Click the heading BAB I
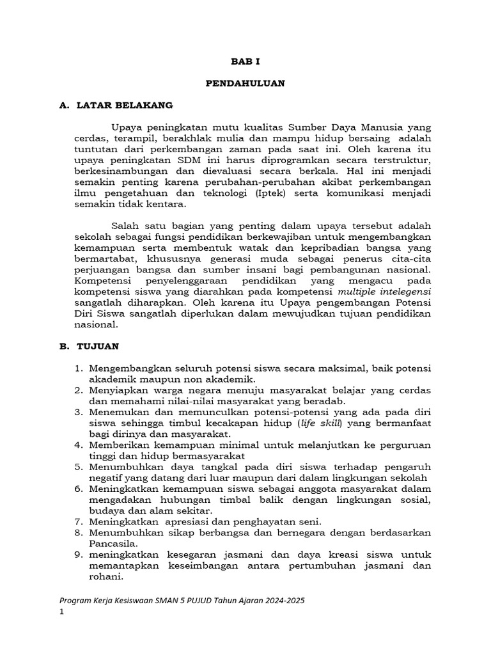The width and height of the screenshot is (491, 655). click(245, 61)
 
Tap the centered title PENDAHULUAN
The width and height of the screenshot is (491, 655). click(245, 83)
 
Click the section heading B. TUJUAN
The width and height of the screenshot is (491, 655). click(89, 346)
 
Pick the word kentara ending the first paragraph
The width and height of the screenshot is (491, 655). click(165, 204)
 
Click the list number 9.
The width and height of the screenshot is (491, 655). click(80, 555)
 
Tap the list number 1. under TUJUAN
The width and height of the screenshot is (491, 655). click(80, 368)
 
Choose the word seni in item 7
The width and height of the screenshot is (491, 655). click(308, 521)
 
